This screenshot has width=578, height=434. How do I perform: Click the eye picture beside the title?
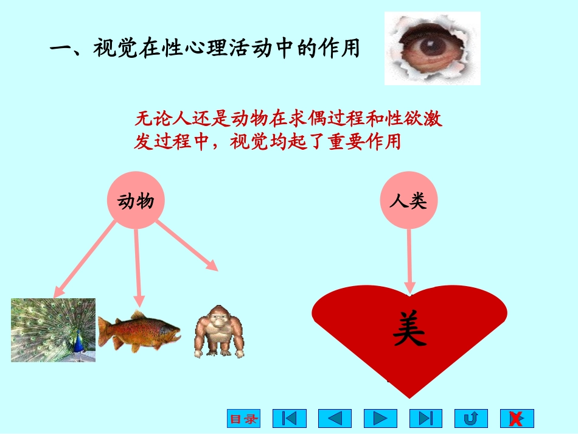coord(432,48)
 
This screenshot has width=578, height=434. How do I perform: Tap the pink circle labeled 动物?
coord(136,201)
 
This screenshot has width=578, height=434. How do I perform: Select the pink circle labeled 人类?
coord(409,201)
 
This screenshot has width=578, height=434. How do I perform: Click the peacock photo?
coord(53,330)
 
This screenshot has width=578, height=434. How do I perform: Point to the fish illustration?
coord(139,331)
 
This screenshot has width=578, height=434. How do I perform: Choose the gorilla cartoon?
coord(218,331)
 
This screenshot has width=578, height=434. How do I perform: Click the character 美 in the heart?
coord(409,329)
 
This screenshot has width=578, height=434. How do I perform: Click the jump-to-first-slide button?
coord(289,418)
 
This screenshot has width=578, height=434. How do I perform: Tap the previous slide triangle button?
coord(335,418)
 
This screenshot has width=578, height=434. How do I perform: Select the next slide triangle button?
coord(380,418)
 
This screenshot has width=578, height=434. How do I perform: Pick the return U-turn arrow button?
coord(471,418)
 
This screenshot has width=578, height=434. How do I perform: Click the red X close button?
coord(517,418)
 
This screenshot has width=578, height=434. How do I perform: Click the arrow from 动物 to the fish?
coord(138,265)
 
